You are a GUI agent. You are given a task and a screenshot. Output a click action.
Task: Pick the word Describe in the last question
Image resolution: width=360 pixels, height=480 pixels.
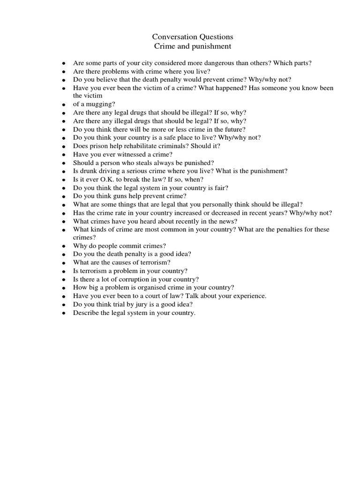click(85, 313)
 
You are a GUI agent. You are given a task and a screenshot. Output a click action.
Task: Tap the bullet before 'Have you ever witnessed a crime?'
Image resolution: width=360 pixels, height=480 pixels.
click(63, 155)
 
